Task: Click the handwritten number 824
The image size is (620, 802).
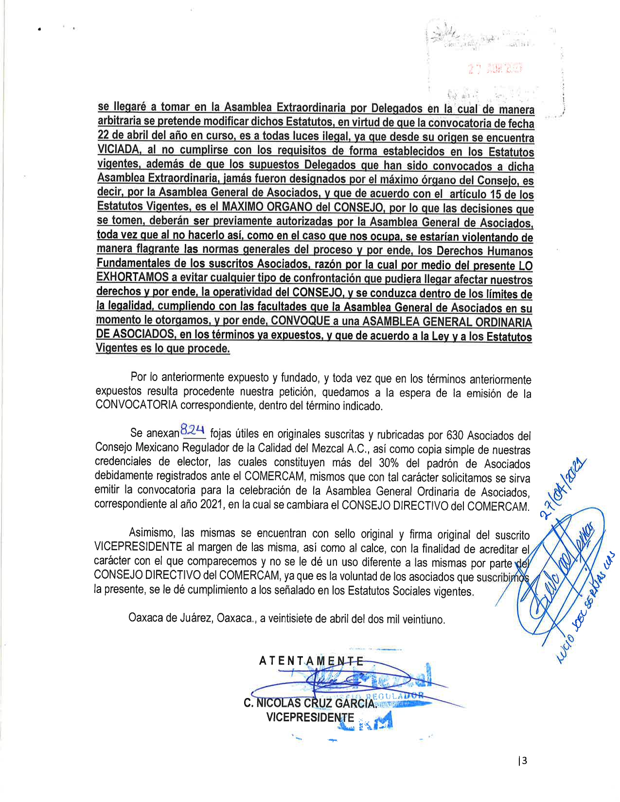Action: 192,430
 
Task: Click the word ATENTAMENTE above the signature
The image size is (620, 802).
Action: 311,661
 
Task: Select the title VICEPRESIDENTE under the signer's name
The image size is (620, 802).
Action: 310,717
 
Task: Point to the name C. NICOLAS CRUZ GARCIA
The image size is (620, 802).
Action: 310,703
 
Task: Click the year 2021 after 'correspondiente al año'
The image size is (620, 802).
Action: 212,506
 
